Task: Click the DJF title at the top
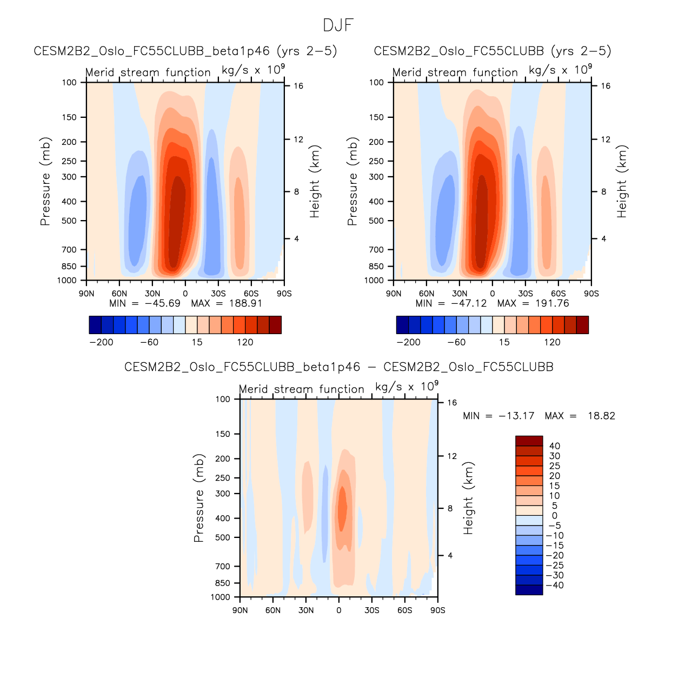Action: [338, 25]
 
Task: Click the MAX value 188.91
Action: [245, 303]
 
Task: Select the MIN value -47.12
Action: [469, 303]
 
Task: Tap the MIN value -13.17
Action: [516, 416]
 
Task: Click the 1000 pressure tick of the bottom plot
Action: [220, 597]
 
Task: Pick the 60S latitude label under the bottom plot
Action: [404, 610]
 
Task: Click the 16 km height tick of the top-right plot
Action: [606, 86]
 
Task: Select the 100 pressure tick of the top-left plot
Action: [69, 83]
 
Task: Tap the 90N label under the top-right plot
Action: [394, 294]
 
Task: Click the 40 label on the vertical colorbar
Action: [555, 446]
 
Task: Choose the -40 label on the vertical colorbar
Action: [554, 585]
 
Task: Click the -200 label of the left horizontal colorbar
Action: [102, 342]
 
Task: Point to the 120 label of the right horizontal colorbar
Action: [552, 342]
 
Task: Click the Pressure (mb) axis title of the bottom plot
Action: [198, 498]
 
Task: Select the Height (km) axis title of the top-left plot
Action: [315, 182]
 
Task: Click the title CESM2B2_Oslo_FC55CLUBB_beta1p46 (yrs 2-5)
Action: [185, 51]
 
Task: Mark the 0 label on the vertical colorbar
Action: [555, 516]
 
